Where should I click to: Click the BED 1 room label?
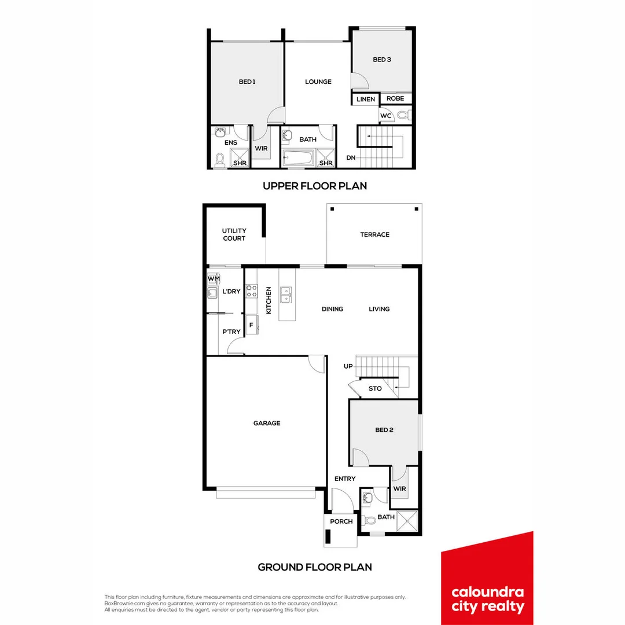point(247,82)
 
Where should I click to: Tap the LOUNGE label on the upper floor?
point(318,82)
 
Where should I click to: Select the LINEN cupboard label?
point(366,100)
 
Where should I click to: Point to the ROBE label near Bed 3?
point(395,98)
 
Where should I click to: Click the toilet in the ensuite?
point(220,159)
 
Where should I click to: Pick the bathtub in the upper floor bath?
point(298,157)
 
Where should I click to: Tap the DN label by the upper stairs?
point(351,157)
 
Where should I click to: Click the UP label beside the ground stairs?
point(348,366)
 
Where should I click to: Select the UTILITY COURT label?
point(234,234)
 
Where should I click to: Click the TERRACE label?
point(374,234)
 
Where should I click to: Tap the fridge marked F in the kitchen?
point(251,325)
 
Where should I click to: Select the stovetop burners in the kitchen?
point(252,291)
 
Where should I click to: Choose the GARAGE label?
point(266,423)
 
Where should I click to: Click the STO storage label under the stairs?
point(375,388)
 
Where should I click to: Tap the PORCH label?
point(341,521)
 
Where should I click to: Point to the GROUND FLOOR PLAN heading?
point(315,567)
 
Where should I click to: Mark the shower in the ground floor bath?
point(407,521)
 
